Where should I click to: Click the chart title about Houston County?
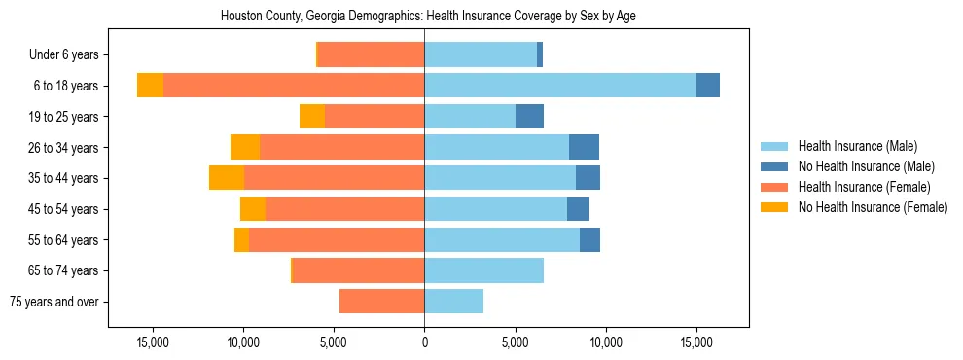428,17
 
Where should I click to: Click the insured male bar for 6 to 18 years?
559,86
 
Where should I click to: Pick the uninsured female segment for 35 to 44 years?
227,178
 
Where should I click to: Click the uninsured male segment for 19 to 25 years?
529,117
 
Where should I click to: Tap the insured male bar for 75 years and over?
453,302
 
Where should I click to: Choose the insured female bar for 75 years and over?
381,302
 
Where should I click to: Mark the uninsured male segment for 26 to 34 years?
584,147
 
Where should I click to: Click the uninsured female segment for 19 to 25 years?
312,117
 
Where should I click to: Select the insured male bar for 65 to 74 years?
483,270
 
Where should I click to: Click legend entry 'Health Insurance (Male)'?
857,146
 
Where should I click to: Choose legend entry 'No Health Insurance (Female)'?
873,207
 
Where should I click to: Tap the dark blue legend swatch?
774,166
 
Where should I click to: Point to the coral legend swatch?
774,187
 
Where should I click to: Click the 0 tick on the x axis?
424,342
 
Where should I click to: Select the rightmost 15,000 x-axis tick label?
696,342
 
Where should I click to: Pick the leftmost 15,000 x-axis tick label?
152,342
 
